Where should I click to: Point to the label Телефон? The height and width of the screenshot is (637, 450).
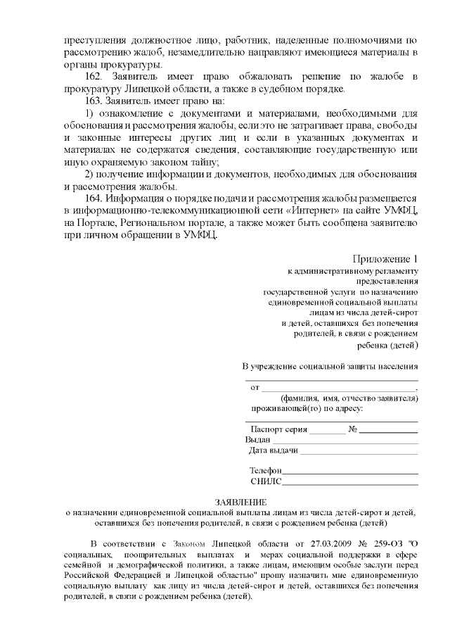click(265, 470)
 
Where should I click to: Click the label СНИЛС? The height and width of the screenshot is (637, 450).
click(265, 481)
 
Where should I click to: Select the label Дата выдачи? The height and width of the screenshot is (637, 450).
click(274, 450)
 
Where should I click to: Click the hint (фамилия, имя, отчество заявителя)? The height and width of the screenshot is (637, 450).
click(349, 398)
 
